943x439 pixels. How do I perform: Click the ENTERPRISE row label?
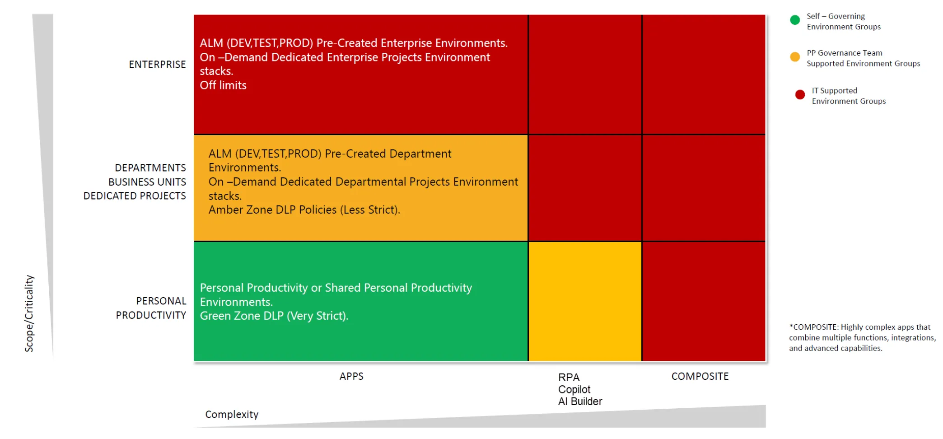tap(157, 65)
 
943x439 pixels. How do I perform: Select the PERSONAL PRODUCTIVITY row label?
tap(151, 308)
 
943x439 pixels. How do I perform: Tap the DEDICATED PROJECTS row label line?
tap(135, 196)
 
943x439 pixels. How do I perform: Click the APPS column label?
tap(351, 376)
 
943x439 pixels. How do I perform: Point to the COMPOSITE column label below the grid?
tap(700, 376)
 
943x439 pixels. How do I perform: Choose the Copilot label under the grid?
tap(574, 389)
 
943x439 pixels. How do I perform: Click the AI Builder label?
tap(580, 402)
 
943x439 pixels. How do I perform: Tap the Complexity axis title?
tap(232, 415)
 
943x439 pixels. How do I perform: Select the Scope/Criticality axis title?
tap(29, 313)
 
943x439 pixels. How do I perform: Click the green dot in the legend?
tap(795, 20)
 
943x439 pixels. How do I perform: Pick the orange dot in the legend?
tap(795, 57)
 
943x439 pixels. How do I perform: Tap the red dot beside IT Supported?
tap(800, 94)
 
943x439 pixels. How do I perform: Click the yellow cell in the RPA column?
tap(585, 301)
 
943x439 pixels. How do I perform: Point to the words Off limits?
tap(223, 85)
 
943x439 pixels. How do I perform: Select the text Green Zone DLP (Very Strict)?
tap(274, 316)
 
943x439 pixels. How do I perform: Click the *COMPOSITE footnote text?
tap(862, 337)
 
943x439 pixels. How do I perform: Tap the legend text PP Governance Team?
tap(844, 53)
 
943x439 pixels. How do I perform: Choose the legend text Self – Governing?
tap(836, 16)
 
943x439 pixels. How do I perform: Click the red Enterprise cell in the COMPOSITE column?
tap(703, 75)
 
